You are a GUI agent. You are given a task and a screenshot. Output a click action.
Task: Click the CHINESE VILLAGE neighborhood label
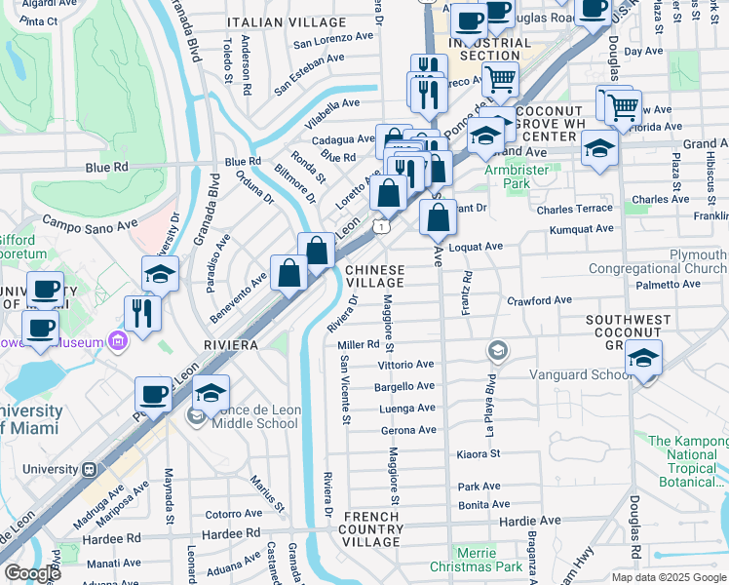(374, 275)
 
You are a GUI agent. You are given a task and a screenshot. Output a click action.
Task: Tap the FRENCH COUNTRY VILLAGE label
(371, 528)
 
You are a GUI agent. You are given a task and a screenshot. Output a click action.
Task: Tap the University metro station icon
(89, 469)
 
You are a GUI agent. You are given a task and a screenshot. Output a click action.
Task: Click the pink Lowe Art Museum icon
(119, 341)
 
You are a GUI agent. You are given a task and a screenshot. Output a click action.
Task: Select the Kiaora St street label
(478, 453)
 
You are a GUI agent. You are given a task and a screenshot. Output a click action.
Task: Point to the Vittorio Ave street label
(404, 364)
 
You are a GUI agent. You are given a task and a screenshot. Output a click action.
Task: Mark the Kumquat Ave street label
(581, 229)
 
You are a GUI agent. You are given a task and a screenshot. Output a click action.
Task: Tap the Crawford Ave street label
(539, 301)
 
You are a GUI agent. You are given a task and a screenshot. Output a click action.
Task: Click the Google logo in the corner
(32, 573)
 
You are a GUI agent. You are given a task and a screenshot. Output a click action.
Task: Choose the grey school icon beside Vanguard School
(498, 351)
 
